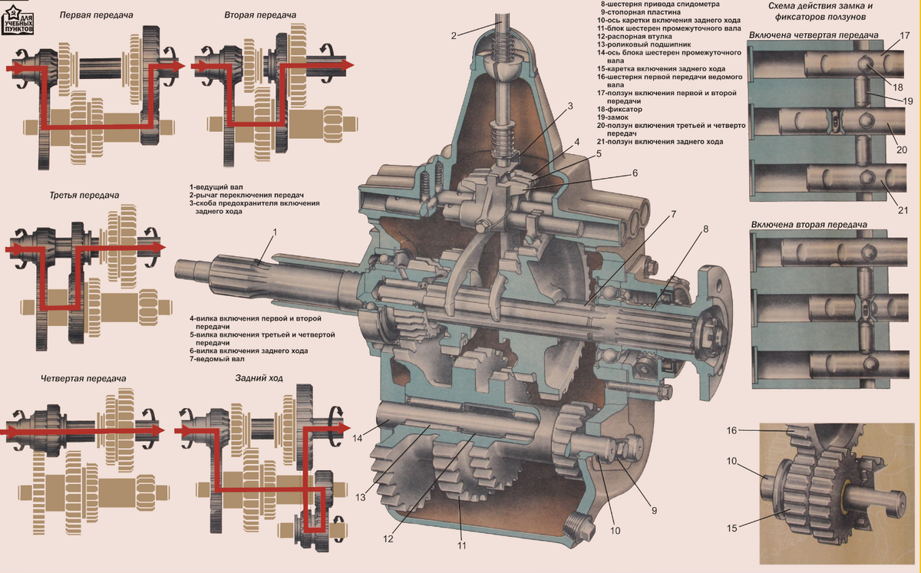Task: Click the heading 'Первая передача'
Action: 91,15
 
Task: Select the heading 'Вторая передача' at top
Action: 256,15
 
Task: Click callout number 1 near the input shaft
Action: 275,231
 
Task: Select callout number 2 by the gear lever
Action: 454,35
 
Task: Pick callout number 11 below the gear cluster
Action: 460,545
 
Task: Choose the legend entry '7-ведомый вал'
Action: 218,359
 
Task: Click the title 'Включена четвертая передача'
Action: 814,36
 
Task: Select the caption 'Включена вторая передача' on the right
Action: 810,225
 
